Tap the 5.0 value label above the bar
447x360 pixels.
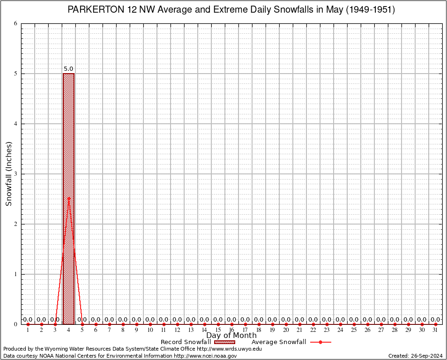pos(68,69)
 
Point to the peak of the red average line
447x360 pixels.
pos(68,198)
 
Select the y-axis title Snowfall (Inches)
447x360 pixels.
pos(8,173)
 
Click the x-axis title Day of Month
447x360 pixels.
pos(231,335)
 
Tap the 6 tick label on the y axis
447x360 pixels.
pos(16,23)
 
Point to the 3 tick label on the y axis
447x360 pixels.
pos(16,174)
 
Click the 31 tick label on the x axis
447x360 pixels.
pos(436,330)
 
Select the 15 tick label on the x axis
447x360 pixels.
pos(218,330)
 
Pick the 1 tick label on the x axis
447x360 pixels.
pos(28,330)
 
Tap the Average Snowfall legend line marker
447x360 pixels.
pos(320,342)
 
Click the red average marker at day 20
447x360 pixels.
pos(286,324)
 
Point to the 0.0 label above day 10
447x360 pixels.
pos(150,320)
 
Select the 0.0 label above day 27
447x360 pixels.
pos(381,320)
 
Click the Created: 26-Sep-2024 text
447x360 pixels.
pos(416,356)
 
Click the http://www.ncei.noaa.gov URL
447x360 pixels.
pos(205,356)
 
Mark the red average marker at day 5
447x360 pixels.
pos(82,324)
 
